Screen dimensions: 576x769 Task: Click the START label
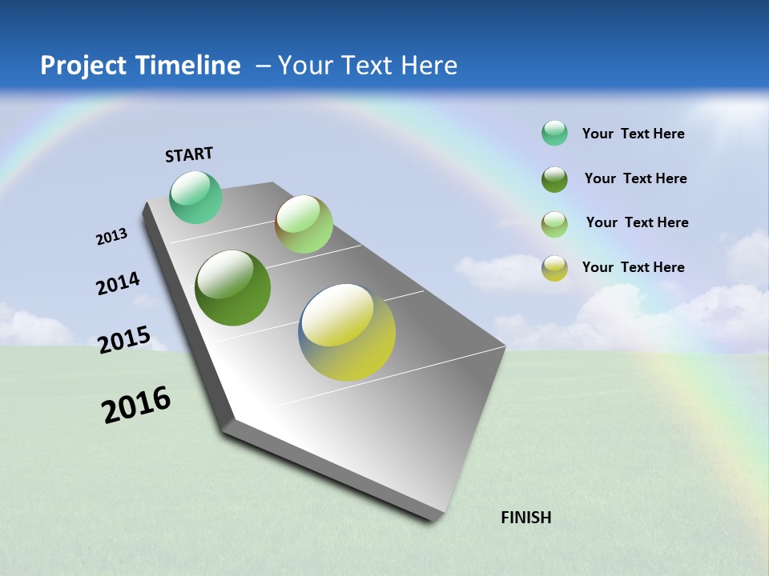[189, 154]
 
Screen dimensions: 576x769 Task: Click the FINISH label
[525, 518]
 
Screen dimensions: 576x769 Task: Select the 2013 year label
[111, 237]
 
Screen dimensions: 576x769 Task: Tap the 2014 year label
[119, 284]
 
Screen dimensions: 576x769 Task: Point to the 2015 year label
[124, 340]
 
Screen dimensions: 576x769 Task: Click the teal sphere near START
[195, 198]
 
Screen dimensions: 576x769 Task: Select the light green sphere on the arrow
[304, 224]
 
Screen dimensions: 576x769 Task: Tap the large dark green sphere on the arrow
[233, 288]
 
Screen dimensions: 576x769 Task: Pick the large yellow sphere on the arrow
[347, 332]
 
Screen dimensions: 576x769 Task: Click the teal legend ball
[554, 134]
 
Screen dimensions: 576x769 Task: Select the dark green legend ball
[554, 179]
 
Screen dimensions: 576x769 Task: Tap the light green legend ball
[554, 224]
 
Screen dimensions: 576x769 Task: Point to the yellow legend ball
[554, 268]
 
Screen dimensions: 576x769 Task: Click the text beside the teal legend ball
[633, 134]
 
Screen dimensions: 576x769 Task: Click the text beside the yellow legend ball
[633, 267]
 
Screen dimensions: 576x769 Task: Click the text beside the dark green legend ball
[635, 178]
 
